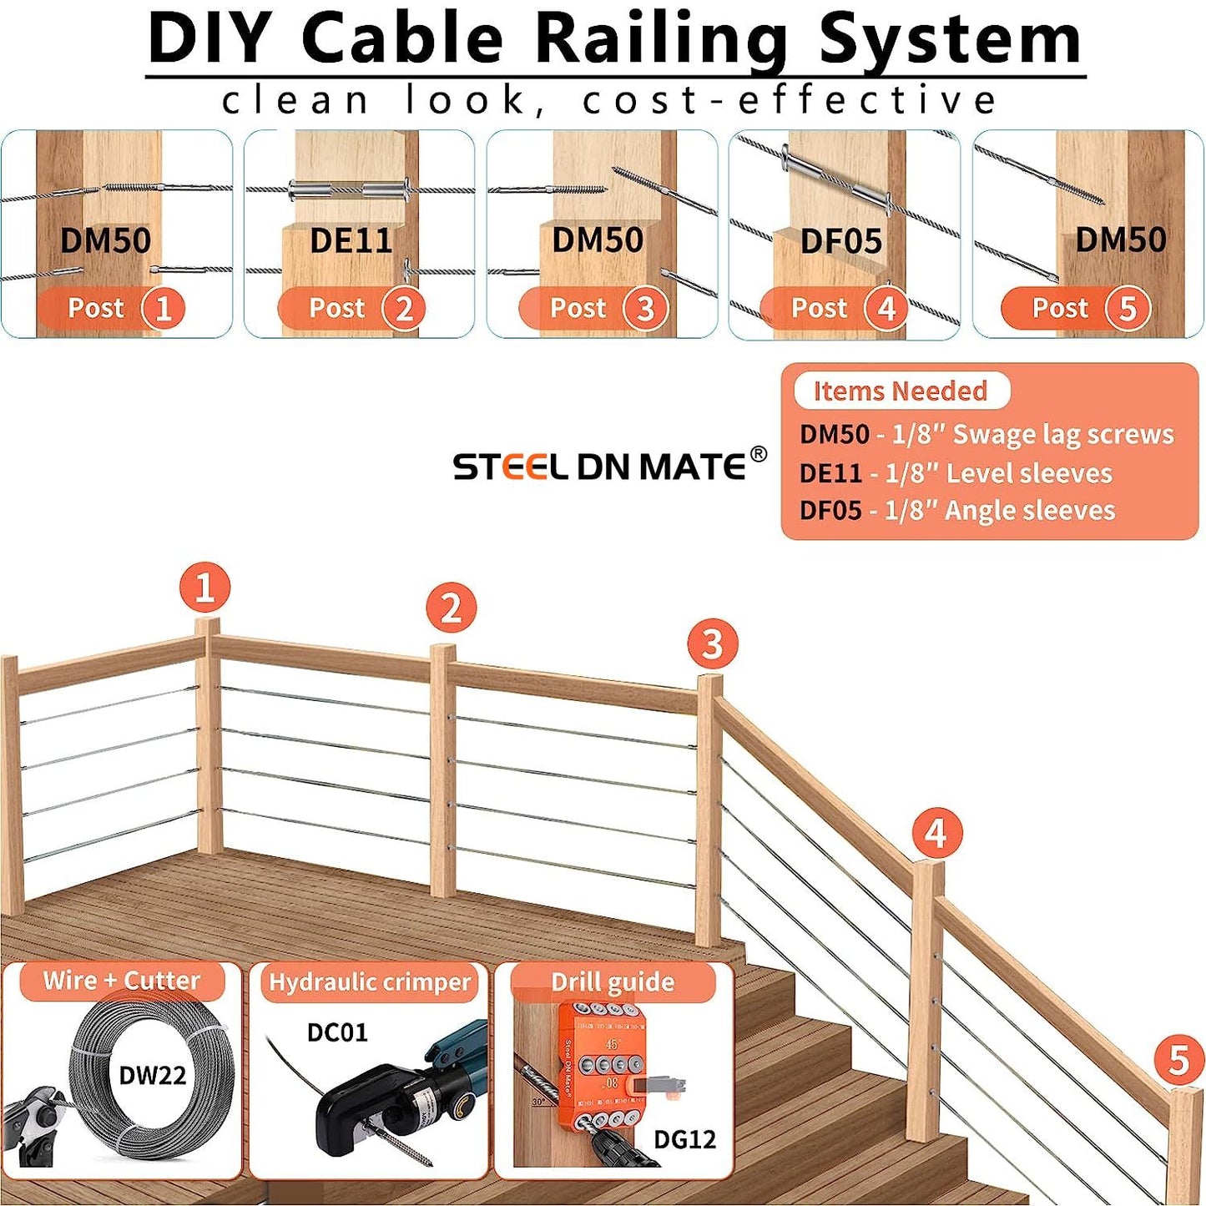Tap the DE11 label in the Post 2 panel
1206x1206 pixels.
click(351, 241)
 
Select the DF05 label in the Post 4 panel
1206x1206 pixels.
click(841, 242)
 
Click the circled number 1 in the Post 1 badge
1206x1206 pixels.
click(163, 309)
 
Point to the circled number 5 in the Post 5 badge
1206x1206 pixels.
click(1128, 309)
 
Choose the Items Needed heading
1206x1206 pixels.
click(901, 391)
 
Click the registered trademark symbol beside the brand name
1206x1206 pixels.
click(758, 454)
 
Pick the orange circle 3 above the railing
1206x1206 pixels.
click(712, 644)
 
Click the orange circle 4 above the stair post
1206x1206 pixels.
click(936, 833)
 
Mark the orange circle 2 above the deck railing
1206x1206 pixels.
click(451, 608)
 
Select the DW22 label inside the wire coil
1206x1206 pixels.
click(153, 1075)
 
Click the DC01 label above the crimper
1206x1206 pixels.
click(337, 1032)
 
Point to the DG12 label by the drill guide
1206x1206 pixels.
click(684, 1139)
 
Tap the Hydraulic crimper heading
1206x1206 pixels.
click(370, 981)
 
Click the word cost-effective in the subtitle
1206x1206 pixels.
click(790, 101)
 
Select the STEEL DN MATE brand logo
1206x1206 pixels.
click(599, 467)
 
